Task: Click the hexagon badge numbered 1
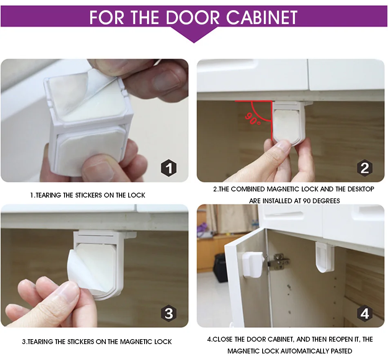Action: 169,168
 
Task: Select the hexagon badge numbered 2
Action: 365,168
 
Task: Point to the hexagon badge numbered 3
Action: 169,313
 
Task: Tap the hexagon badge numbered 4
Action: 365,313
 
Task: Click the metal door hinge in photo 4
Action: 279,262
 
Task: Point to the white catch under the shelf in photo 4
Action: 325,257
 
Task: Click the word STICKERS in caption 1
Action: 89,196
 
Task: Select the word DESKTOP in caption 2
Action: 361,189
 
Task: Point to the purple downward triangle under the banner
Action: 194,35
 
